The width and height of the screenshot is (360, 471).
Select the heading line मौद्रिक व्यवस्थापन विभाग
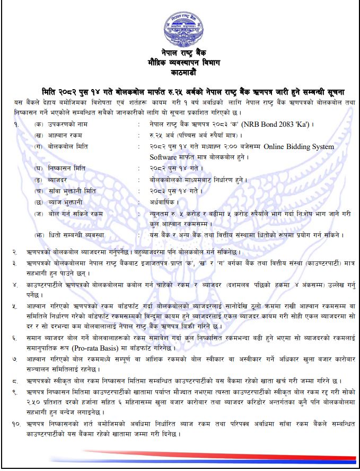click(180, 62)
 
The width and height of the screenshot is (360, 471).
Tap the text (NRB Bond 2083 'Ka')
click(276, 124)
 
